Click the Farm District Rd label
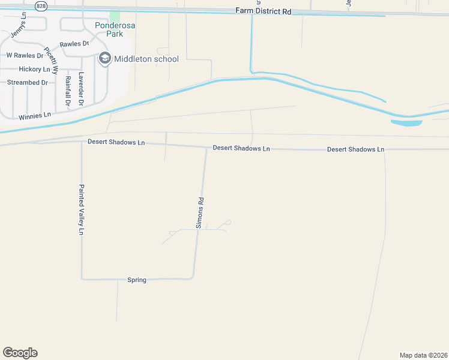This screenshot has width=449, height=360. (x=263, y=11)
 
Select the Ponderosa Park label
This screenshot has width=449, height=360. (x=109, y=29)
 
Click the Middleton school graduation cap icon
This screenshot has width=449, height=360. (x=105, y=58)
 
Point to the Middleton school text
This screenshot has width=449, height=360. (x=146, y=59)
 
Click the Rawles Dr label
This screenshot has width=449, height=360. (x=74, y=44)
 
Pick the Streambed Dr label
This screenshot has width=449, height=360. (x=27, y=82)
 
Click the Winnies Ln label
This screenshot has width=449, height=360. (x=35, y=115)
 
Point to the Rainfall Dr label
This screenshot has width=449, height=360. (x=68, y=91)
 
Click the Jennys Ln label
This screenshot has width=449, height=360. (x=23, y=22)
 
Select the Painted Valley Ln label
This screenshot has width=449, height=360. (x=80, y=209)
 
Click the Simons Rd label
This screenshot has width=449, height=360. (x=201, y=213)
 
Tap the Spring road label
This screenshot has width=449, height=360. (x=137, y=280)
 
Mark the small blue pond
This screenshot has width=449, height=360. (x=406, y=123)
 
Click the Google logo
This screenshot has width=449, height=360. (x=20, y=353)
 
